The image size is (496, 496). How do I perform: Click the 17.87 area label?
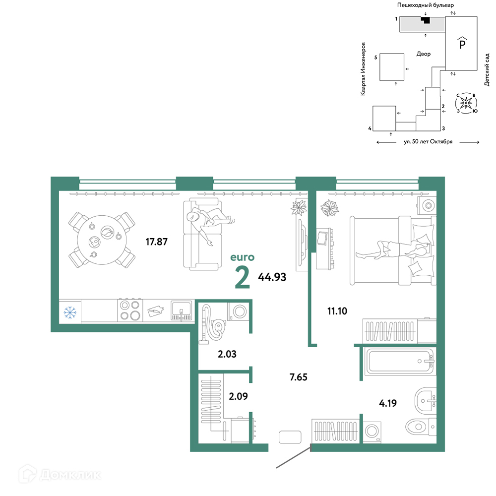point(157,242)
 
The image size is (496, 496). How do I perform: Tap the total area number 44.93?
point(272,277)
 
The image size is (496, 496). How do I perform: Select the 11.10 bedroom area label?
point(337,311)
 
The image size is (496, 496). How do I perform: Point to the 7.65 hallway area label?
point(298,377)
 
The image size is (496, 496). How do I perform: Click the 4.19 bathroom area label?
point(388,403)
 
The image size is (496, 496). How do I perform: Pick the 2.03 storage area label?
point(227,354)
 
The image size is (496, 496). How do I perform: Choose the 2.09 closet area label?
point(238,396)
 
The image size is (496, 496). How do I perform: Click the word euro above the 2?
point(243,257)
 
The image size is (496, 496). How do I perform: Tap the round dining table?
point(102,240)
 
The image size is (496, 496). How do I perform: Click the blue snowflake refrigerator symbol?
point(70,312)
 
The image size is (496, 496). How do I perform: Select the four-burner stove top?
point(130,310)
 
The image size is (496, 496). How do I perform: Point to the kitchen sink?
point(182,310)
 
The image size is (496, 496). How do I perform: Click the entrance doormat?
point(290,437)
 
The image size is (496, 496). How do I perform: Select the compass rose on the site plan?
point(466,103)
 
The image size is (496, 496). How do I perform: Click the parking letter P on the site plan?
point(462,44)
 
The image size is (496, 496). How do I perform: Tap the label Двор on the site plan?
point(424,54)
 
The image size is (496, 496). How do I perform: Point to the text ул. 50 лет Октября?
point(428,142)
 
